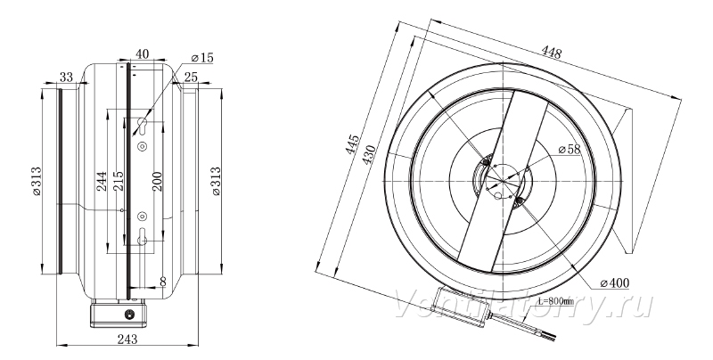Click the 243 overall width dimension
point(127,339)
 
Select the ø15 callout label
point(202,58)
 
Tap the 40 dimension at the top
point(142,54)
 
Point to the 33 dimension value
point(66,77)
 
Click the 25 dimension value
point(191,77)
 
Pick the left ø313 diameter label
point(37,181)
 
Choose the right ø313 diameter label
point(216,181)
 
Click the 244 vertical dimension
point(102,181)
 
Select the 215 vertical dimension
point(118,181)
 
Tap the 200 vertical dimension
point(156,181)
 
